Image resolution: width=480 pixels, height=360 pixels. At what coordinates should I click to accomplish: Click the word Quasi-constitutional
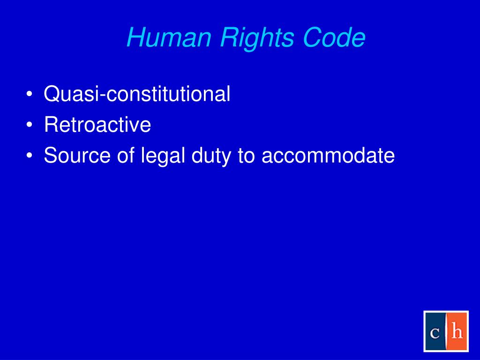coord(137,94)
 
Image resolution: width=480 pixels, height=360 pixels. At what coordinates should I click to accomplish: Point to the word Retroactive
coord(97,125)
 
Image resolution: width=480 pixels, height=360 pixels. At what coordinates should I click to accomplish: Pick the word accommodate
coord(328,156)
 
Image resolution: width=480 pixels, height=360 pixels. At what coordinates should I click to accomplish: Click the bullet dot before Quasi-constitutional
coord(30,95)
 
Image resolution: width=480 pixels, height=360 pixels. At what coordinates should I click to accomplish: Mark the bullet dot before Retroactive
coord(30,126)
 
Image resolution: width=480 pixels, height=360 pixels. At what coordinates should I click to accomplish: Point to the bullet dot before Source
coord(30,157)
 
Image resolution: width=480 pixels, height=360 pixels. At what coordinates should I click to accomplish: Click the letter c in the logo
coord(435,332)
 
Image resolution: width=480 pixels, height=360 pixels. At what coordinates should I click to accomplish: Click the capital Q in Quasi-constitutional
coord(51,94)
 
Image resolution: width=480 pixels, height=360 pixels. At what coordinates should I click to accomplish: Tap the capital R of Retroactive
coord(50,125)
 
